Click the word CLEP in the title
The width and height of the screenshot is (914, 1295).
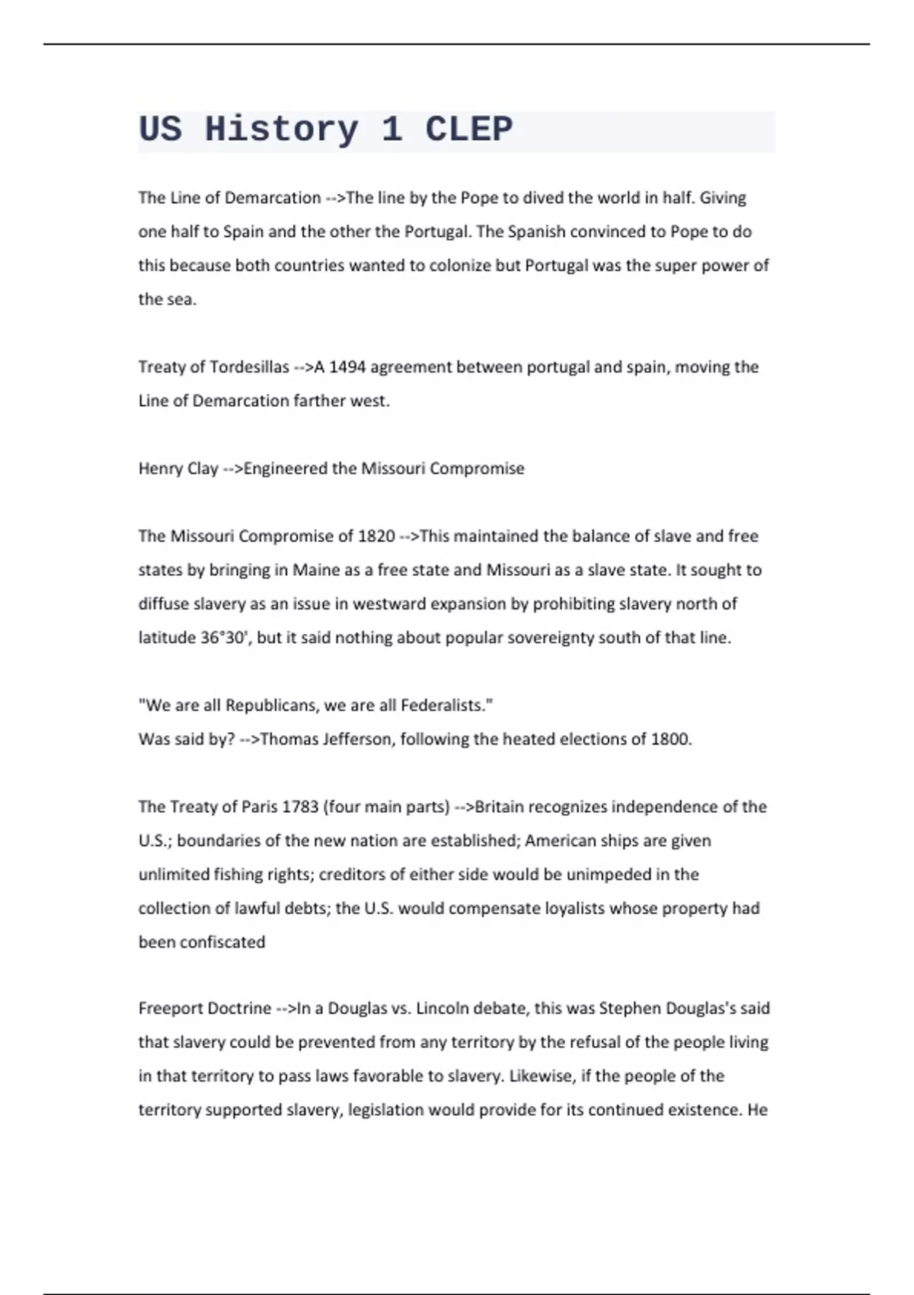(x=468, y=129)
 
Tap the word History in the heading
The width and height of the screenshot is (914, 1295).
(x=281, y=129)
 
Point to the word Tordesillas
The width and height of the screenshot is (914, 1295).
(x=249, y=367)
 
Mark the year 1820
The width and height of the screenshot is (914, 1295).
(x=376, y=536)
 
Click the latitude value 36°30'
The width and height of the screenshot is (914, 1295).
(x=225, y=638)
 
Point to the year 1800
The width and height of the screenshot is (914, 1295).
(x=670, y=739)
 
